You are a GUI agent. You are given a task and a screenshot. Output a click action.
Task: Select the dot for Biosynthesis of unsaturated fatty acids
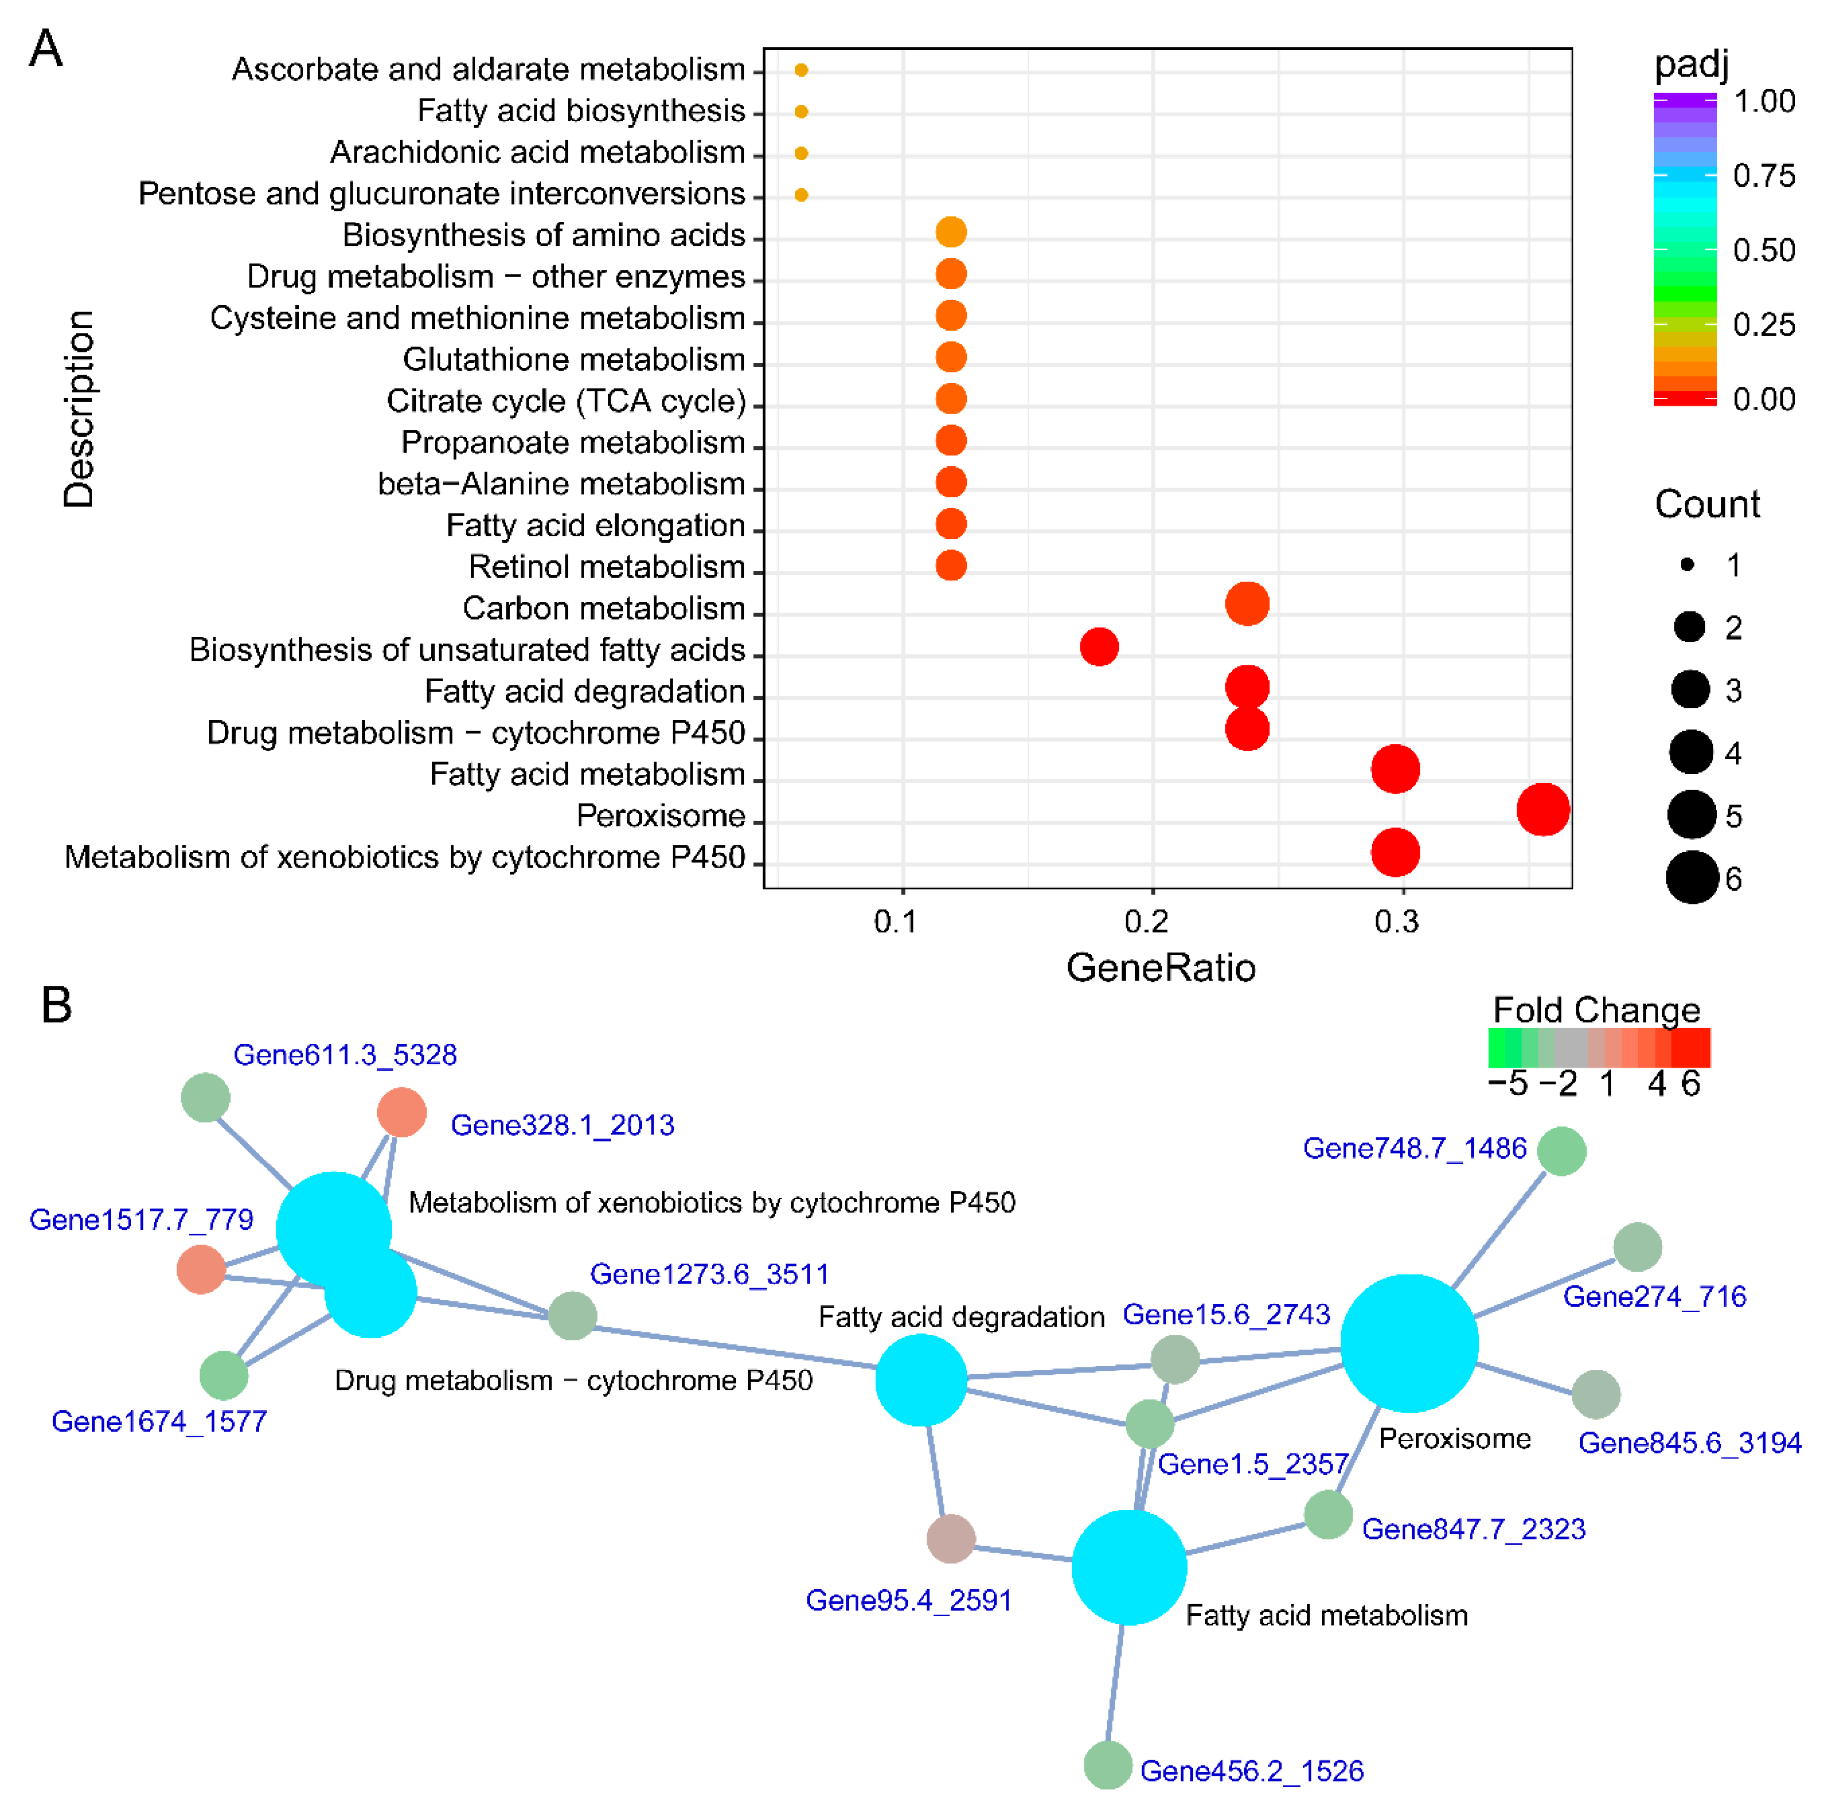[x=1099, y=647]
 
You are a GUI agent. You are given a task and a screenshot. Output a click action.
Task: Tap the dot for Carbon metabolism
[x=1247, y=604]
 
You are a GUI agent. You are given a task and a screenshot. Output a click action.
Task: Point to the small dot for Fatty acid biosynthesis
[x=801, y=112]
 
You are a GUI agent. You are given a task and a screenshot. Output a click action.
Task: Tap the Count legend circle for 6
[x=1692, y=878]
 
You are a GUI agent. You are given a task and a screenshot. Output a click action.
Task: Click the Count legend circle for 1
[x=1687, y=565]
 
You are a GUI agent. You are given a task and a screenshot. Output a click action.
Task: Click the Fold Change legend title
[x=1596, y=1010]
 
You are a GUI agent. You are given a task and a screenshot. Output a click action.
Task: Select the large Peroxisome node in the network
[x=1409, y=1343]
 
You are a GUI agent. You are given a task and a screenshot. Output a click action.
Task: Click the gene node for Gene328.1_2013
[x=401, y=1112]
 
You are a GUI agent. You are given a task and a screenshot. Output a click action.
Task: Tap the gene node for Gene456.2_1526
[x=1108, y=1765]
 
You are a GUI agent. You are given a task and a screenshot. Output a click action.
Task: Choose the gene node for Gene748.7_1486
[x=1561, y=1151]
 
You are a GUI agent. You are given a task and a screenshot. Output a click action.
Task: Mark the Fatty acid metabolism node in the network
[x=1128, y=1568]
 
